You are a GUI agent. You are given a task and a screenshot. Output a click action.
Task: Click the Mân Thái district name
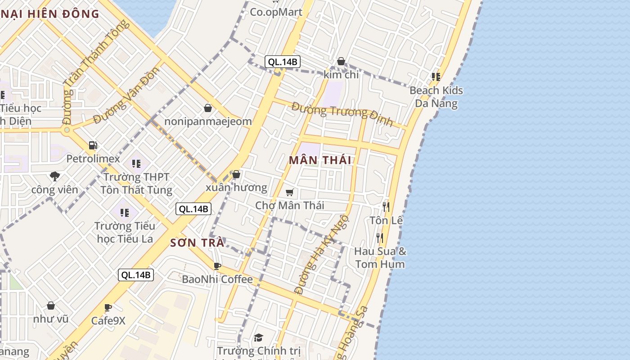point(320,160)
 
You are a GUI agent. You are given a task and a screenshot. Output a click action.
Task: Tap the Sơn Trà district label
point(197,243)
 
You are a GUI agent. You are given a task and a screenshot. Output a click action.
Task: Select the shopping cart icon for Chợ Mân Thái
point(290,193)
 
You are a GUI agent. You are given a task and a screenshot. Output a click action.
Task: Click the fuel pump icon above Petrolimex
point(93,145)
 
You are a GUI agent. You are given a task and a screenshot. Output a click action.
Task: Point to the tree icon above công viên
point(55,176)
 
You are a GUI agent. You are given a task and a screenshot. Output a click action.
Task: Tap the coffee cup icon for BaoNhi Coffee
point(217,266)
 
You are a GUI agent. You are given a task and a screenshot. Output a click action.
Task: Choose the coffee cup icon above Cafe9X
point(108,308)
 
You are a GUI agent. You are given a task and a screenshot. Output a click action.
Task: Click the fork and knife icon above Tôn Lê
point(386,207)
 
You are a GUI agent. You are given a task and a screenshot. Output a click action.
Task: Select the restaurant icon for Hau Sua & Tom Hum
point(380,238)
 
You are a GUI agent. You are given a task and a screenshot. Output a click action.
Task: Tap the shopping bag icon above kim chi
point(341,61)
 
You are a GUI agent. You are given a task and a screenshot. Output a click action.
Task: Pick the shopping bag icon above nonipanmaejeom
point(208,108)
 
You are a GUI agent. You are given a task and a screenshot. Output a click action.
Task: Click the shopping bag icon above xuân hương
point(236,174)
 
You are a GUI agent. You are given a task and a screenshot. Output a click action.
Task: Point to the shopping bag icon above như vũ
point(51,306)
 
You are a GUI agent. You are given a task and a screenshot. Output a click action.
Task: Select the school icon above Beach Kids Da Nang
point(436,77)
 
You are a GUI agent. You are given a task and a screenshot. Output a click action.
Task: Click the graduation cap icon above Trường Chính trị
point(258,337)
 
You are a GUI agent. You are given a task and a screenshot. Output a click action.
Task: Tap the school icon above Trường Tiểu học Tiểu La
point(125,212)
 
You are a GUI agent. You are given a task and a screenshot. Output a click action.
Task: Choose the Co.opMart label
point(276,12)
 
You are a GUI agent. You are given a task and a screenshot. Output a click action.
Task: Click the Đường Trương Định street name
point(342,114)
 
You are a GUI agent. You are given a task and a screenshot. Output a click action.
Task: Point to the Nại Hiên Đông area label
point(49,14)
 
